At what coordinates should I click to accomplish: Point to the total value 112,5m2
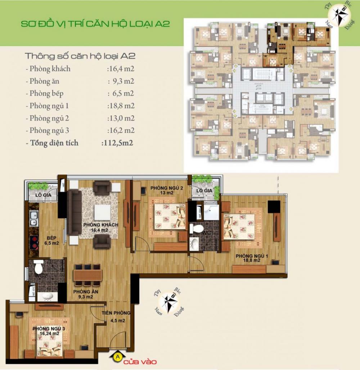click(x=117, y=143)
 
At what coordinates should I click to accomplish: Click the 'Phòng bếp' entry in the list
click(x=47, y=93)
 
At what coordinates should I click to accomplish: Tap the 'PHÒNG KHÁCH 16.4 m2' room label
click(x=95, y=227)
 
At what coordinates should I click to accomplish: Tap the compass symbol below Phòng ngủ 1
click(x=169, y=300)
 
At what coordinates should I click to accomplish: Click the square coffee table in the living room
click(x=102, y=210)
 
